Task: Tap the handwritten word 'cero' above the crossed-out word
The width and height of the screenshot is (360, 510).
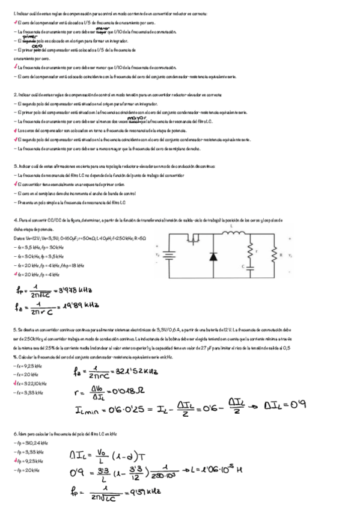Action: pyautogui.click(x=36, y=46)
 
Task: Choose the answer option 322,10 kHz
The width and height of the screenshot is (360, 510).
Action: pyautogui.click(x=28, y=384)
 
